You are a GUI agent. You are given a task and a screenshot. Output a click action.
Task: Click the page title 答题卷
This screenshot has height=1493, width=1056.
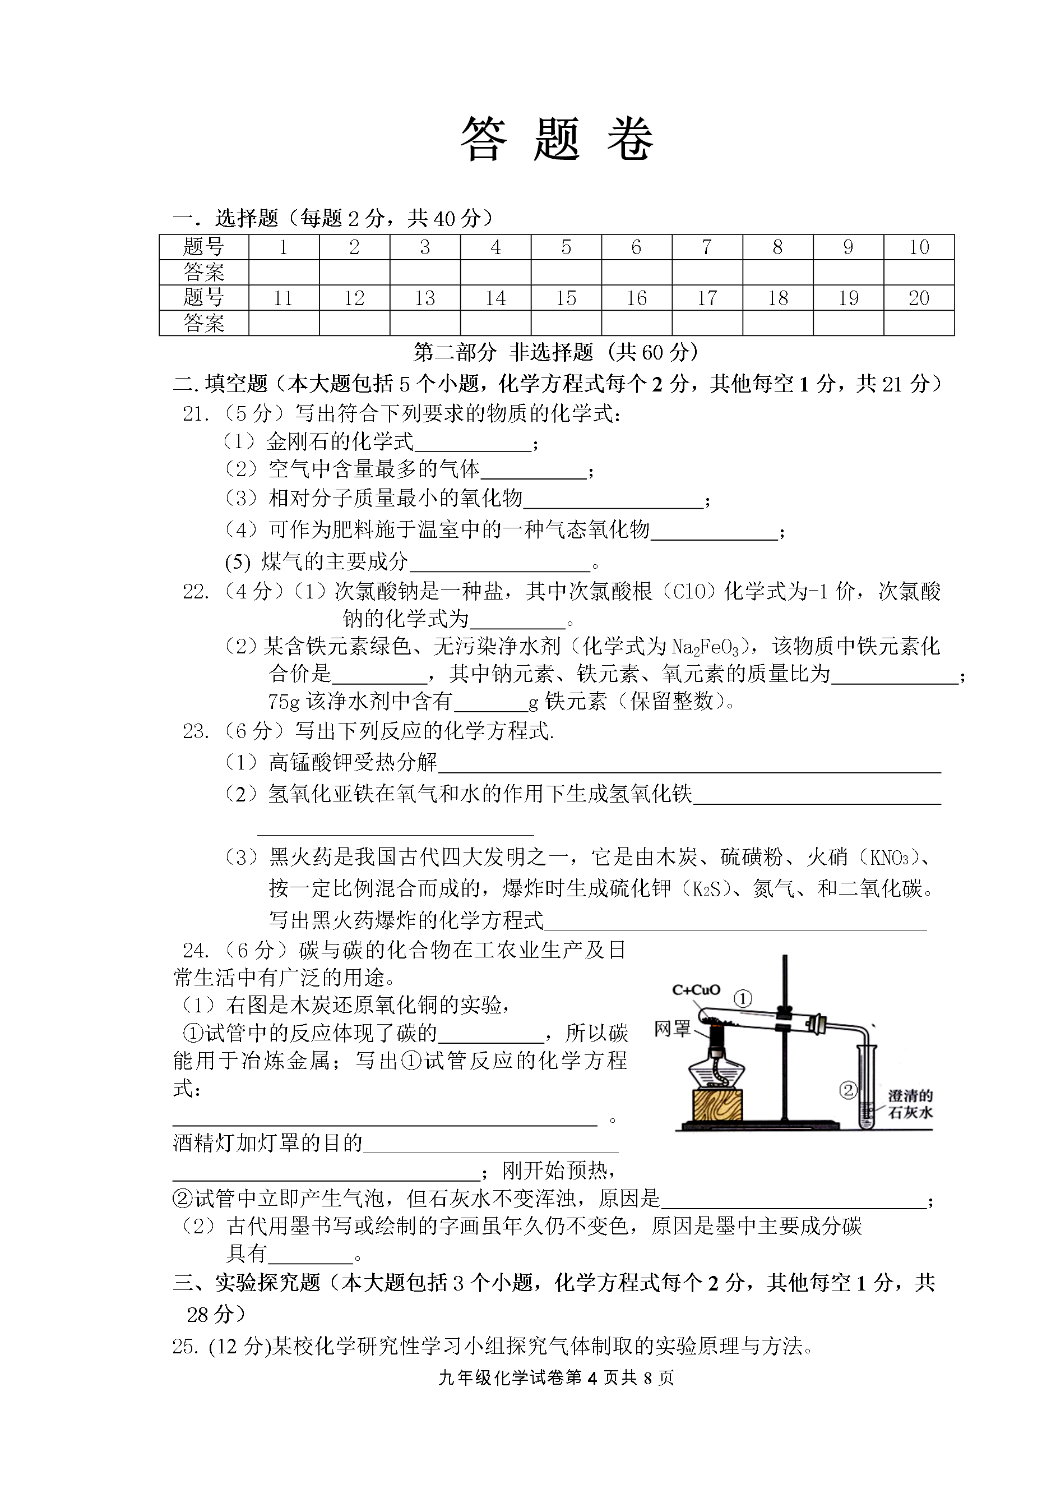click(x=557, y=140)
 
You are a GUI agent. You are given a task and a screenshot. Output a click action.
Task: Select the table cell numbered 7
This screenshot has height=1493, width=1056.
click(x=707, y=247)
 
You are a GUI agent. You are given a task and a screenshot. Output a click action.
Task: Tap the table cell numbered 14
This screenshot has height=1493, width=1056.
click(x=495, y=298)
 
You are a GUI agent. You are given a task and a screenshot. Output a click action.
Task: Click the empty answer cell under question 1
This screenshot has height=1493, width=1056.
click(x=284, y=272)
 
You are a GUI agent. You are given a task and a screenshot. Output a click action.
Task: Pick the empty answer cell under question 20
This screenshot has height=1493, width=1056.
click(x=918, y=322)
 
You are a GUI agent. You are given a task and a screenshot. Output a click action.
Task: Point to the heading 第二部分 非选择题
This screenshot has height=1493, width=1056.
click(x=557, y=352)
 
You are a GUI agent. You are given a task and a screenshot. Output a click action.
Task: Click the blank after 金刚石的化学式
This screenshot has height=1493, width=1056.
click(x=473, y=443)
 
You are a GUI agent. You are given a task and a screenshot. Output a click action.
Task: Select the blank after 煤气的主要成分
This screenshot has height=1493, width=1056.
click(x=500, y=562)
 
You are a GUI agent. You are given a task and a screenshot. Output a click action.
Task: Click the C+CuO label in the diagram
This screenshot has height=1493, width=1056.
click(x=696, y=990)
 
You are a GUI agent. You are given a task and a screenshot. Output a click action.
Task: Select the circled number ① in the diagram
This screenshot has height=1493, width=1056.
click(x=743, y=998)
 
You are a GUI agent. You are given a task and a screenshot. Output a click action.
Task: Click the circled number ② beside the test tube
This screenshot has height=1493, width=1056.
click(x=848, y=1090)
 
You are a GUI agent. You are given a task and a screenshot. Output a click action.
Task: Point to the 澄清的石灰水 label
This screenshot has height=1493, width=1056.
click(x=910, y=1103)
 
